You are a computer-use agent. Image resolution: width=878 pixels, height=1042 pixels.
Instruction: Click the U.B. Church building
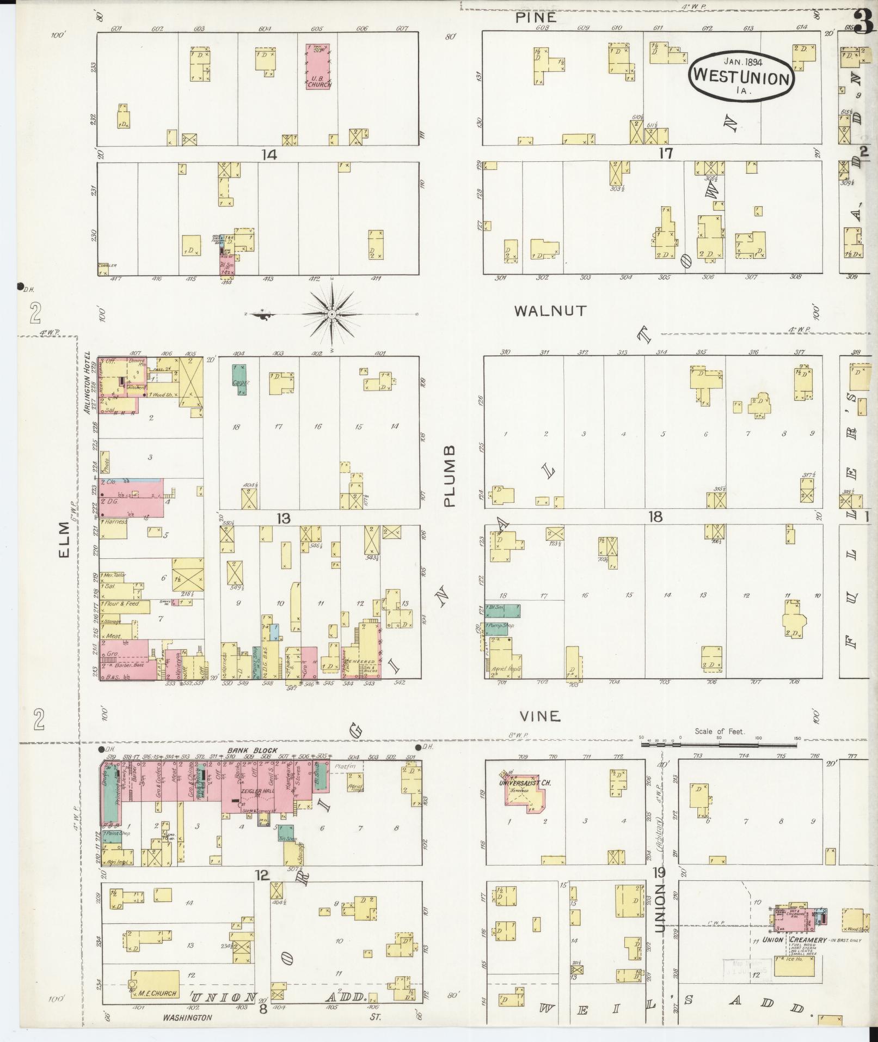pyautogui.click(x=318, y=67)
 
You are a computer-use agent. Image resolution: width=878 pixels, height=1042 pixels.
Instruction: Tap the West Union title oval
pyautogui.click(x=741, y=76)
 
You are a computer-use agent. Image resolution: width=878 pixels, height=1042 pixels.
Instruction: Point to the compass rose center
pyautogui.click(x=331, y=315)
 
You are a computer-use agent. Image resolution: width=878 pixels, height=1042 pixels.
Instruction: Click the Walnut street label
pyautogui.click(x=551, y=311)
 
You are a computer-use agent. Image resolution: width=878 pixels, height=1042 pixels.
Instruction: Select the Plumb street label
pyautogui.click(x=449, y=476)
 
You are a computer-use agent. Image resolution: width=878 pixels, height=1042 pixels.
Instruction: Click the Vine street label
pyautogui.click(x=539, y=716)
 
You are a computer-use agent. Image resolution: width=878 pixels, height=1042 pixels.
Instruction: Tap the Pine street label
pyautogui.click(x=536, y=17)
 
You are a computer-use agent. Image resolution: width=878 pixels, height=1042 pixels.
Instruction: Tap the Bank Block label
pyautogui.click(x=244, y=751)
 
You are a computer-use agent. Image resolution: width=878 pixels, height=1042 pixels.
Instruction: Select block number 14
pyautogui.click(x=268, y=155)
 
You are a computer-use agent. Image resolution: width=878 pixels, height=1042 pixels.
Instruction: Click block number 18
pyautogui.click(x=655, y=516)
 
